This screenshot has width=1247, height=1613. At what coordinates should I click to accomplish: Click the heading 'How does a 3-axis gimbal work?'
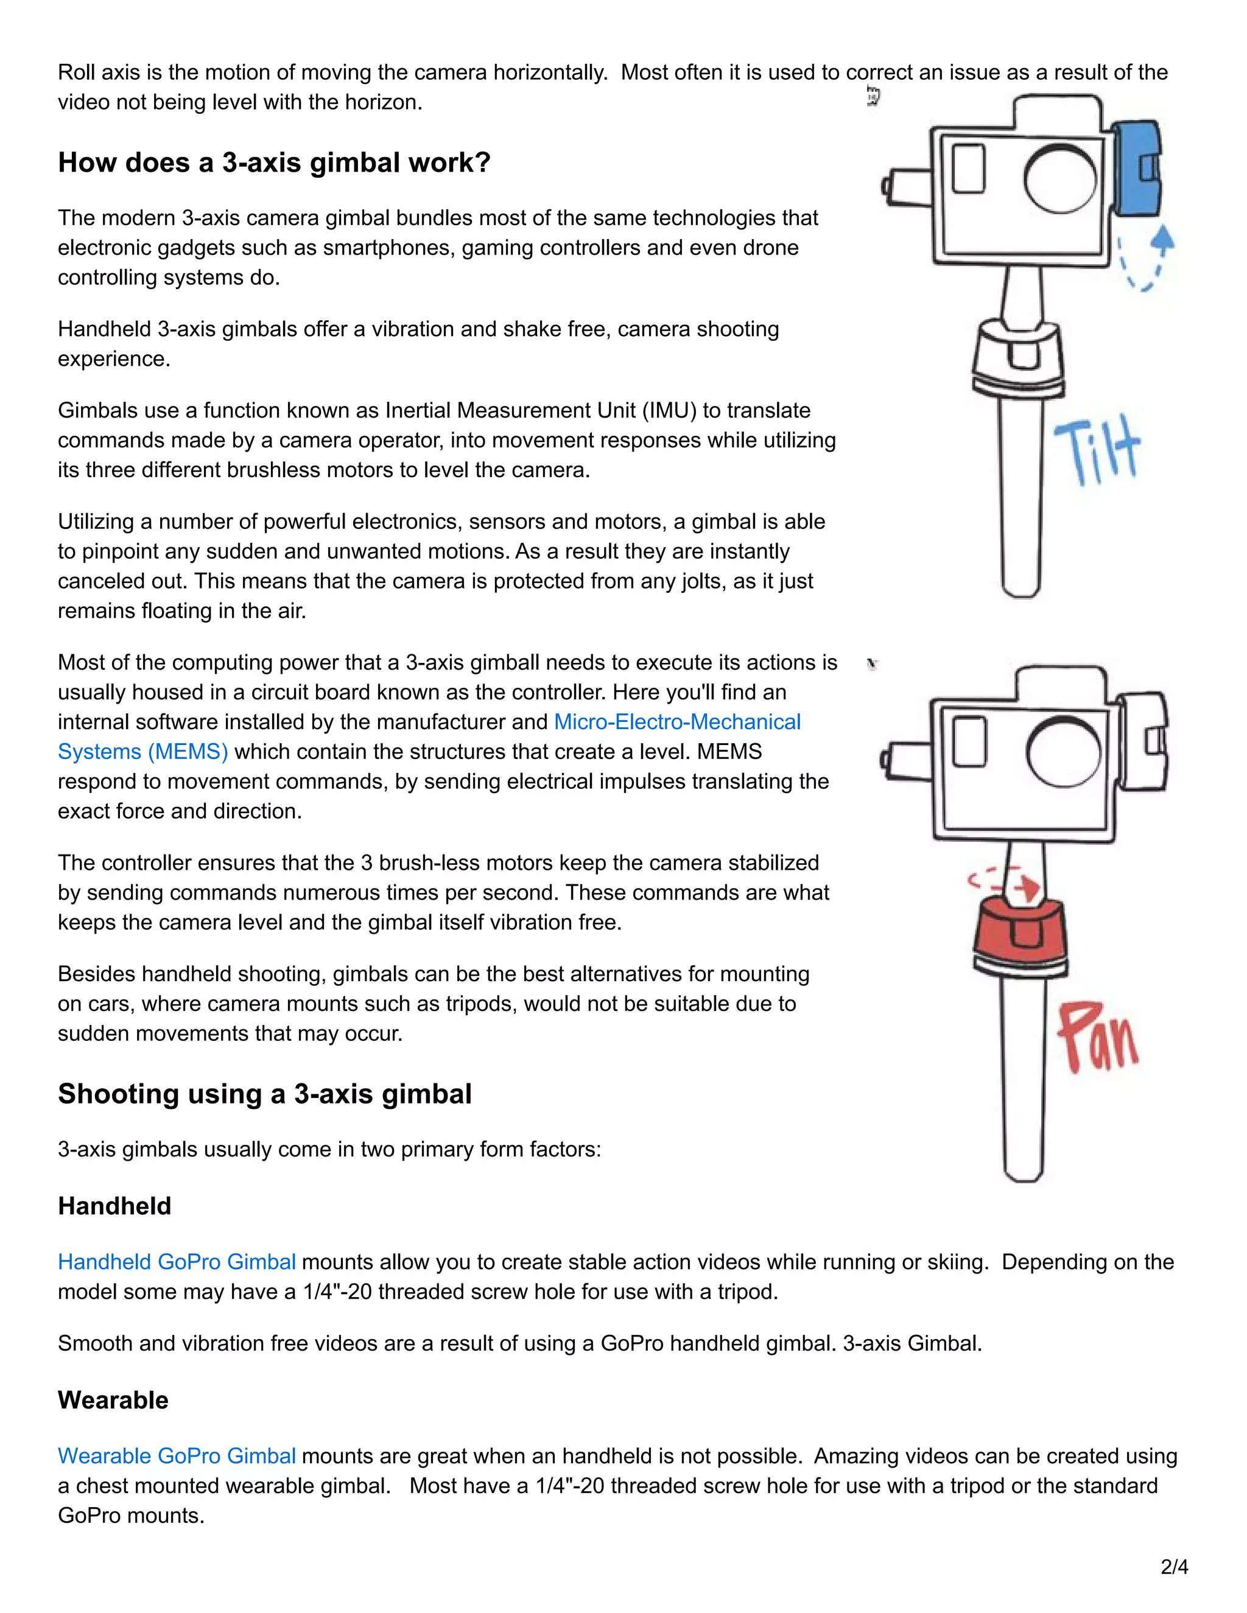point(274,163)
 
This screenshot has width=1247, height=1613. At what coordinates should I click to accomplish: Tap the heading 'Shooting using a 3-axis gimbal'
point(264,1094)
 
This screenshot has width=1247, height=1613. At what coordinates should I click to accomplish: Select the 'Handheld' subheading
point(114,1206)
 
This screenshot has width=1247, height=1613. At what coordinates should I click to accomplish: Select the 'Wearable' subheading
point(113,1401)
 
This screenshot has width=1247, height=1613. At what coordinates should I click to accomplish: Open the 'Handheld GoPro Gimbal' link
point(177,1262)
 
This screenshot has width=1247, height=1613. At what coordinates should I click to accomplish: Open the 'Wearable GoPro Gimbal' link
point(177,1457)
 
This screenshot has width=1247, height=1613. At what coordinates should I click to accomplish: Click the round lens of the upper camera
point(1060,178)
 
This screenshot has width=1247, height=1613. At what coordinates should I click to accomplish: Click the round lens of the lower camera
point(1061,754)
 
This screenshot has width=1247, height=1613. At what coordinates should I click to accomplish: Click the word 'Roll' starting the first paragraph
point(76,72)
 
